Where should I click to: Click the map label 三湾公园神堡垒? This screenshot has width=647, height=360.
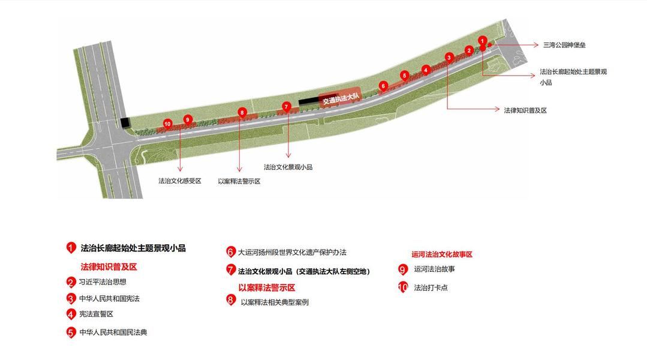(564, 45)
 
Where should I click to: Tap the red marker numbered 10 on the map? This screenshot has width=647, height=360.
(167, 124)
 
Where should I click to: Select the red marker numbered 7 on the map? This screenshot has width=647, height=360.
(287, 107)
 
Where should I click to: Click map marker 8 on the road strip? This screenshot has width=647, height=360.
(242, 112)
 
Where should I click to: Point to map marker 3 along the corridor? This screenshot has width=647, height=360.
(449, 57)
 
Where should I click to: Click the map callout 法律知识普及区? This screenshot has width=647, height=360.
(525, 110)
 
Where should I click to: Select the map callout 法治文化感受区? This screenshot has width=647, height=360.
(179, 181)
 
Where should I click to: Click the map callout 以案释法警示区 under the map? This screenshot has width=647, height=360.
(239, 181)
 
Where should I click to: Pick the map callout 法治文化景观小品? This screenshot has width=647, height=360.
(288, 167)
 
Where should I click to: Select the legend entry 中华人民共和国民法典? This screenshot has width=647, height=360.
(113, 332)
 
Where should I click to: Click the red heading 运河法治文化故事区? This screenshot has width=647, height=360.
(442, 254)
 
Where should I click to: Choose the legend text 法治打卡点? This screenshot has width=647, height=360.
(431, 288)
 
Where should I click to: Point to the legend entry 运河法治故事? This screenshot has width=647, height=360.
(434, 269)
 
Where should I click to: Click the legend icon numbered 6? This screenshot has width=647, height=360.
(230, 252)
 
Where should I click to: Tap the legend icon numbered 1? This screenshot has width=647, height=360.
(71, 248)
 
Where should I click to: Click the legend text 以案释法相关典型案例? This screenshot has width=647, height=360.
(275, 302)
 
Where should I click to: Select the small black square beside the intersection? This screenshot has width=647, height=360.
(125, 123)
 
